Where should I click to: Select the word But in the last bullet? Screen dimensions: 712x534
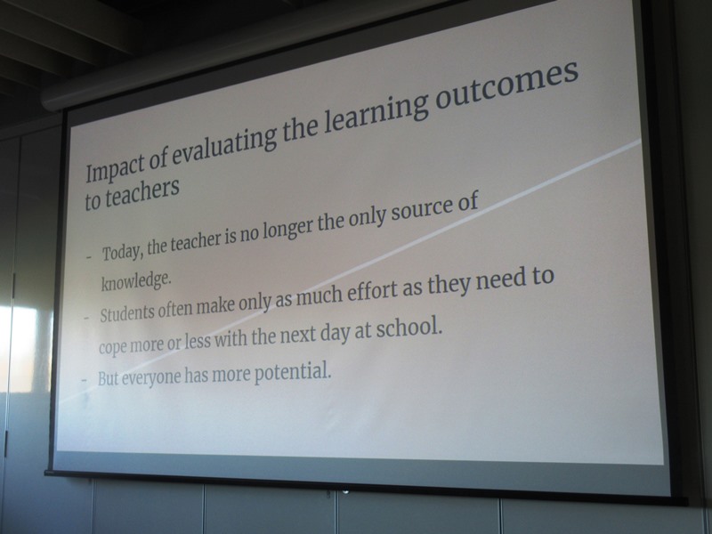[x=108, y=377]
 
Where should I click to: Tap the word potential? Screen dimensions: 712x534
[x=292, y=373]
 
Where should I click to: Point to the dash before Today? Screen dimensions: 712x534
[x=89, y=257]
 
